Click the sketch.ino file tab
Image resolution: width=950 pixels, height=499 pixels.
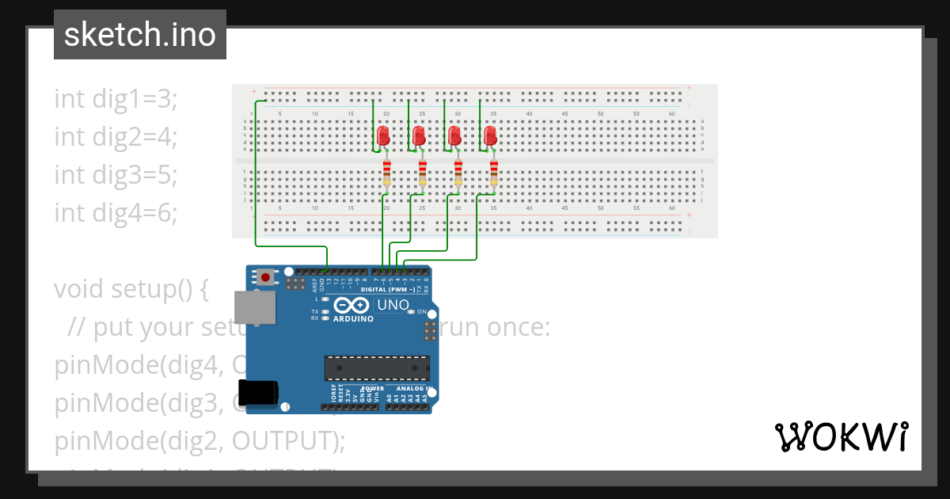139,35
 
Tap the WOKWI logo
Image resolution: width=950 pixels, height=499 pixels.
840,436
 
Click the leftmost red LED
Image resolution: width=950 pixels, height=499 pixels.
383,135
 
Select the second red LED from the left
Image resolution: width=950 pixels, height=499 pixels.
419,135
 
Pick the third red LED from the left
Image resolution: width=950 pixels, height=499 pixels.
454,135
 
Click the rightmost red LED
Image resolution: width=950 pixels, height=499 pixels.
490,135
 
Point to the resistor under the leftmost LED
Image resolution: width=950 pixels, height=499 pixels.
386,173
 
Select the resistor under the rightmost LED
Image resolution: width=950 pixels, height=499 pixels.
494,173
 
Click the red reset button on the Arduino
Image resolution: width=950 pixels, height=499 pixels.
264,278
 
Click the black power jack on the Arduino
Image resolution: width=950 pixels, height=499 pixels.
259,393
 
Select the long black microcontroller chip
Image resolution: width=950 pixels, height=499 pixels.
377,368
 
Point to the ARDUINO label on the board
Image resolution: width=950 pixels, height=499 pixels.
353,318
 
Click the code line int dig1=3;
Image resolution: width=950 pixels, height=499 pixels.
116,99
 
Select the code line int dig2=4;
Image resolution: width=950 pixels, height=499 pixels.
116,137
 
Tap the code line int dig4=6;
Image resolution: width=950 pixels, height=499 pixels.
116,212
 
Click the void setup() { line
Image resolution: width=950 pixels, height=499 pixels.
131,289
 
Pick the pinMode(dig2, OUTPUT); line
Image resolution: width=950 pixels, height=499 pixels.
199,441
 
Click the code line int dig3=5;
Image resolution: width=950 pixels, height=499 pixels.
116,174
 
